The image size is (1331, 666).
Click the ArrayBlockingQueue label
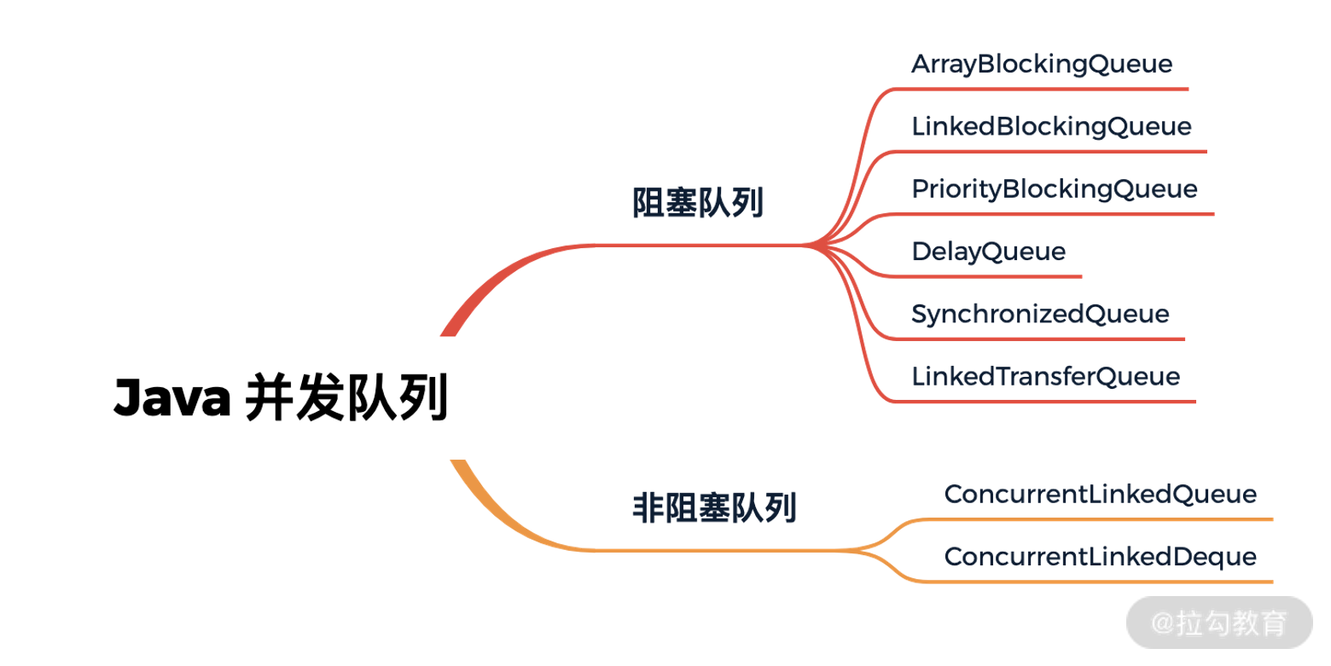[x=1042, y=64]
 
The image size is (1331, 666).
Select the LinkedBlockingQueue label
[x=1051, y=126]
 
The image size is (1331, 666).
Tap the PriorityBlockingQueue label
[x=1055, y=188]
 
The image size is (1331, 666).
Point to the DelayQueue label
[x=988, y=252]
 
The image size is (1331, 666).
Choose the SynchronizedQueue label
[x=1040, y=314]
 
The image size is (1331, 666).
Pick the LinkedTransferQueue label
[x=1045, y=376]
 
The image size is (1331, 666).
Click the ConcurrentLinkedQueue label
[x=1100, y=494]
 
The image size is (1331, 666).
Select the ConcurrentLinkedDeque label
[x=1100, y=557]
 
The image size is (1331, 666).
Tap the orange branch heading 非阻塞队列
[x=714, y=508]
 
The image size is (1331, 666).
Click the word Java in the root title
[x=171, y=398]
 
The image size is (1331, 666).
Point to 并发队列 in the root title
[x=346, y=398]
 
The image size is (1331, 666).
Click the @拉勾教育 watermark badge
[x=1219, y=623]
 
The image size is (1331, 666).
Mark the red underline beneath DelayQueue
[x=990, y=276]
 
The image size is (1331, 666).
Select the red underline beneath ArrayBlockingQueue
[x=1041, y=89]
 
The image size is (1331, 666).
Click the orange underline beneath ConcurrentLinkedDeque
[x=1101, y=582]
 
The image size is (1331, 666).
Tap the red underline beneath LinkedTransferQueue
[x=1045, y=401]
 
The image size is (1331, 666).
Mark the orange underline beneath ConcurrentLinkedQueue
[x=1101, y=518]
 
